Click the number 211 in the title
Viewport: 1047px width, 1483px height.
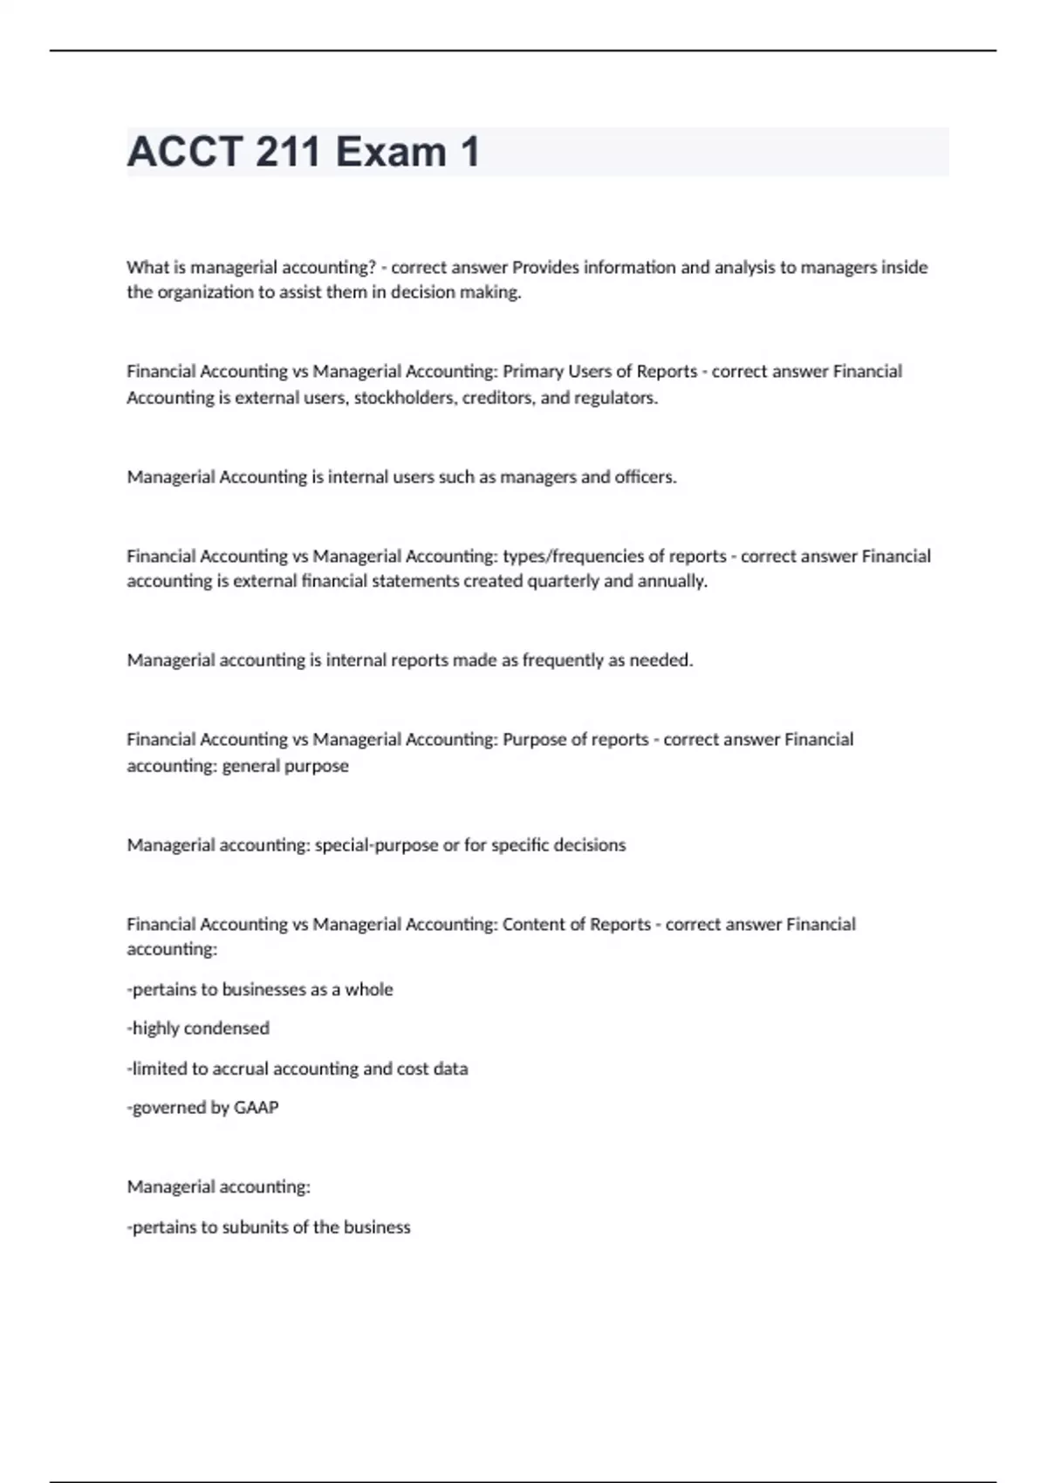(x=289, y=152)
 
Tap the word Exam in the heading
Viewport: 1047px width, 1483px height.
(x=391, y=152)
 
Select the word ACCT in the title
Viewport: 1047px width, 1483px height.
(x=184, y=152)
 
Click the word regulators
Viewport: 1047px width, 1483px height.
(x=615, y=398)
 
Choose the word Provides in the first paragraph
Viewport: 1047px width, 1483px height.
(x=545, y=267)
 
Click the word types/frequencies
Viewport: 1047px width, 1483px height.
(x=572, y=557)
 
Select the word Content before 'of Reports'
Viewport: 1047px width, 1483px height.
(x=533, y=925)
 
